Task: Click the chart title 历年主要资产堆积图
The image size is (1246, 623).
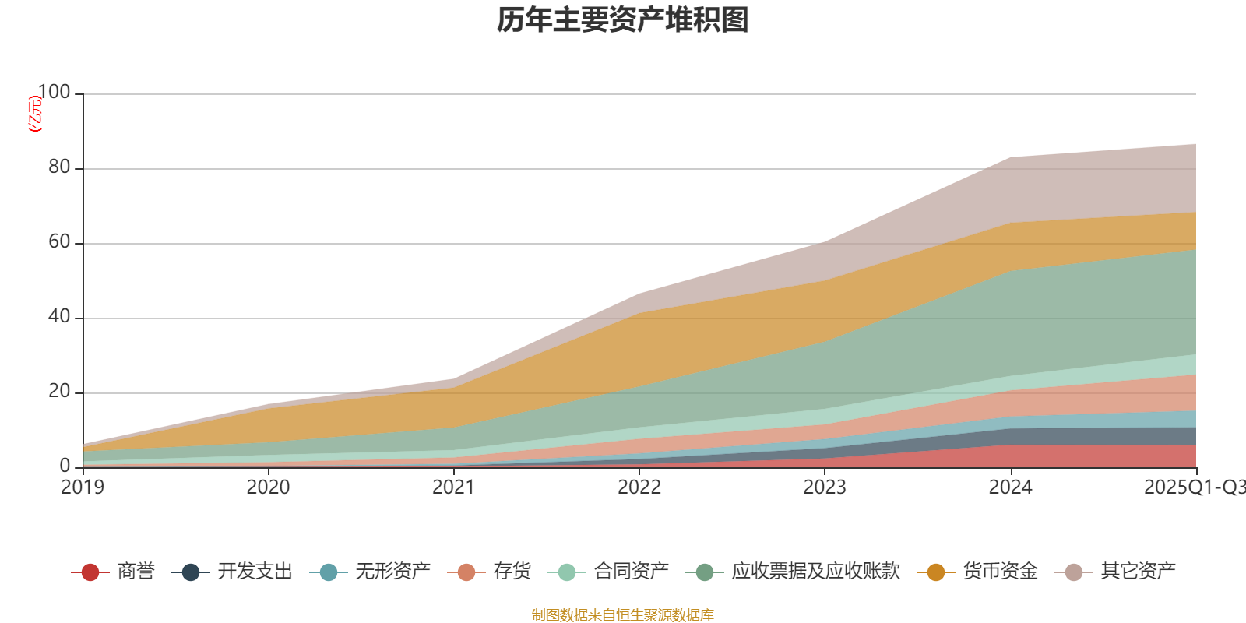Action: (622, 21)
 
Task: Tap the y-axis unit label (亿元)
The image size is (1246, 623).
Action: (35, 114)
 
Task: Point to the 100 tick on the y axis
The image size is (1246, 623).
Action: (54, 93)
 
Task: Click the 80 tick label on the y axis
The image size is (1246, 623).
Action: (59, 167)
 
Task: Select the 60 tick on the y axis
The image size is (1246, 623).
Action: (59, 242)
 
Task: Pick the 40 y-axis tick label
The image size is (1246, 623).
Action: (59, 317)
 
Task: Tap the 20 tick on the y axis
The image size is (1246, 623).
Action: (59, 392)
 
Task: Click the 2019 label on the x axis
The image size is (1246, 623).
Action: (83, 487)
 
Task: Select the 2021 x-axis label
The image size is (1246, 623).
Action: (453, 487)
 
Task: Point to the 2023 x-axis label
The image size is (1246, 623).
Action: (825, 487)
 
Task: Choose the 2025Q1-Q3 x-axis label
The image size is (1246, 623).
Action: (1194, 487)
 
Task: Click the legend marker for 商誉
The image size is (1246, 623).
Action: (90, 572)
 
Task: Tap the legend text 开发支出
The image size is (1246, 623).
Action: (255, 572)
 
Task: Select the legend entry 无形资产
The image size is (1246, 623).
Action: (392, 572)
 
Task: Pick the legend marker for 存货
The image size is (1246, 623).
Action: (466, 572)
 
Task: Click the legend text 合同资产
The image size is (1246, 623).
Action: (631, 572)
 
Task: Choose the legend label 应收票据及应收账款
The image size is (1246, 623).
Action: (815, 572)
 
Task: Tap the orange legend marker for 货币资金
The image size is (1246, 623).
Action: (935, 572)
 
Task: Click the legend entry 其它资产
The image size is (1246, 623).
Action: (1138, 572)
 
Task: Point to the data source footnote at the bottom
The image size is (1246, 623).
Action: (622, 615)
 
